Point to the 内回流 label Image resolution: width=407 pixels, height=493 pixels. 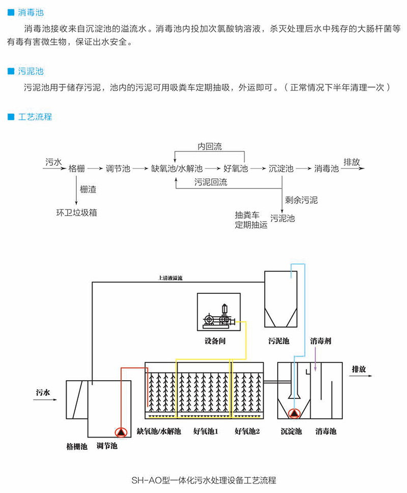210,147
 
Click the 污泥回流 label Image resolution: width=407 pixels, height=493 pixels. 211,182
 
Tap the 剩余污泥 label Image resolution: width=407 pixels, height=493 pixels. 301,200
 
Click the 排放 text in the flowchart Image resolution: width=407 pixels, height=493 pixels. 352,163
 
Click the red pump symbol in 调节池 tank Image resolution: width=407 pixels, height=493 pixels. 121,432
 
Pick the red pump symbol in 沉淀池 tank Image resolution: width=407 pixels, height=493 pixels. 294,414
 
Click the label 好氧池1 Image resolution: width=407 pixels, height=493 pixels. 206,432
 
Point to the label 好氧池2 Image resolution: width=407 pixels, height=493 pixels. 247,432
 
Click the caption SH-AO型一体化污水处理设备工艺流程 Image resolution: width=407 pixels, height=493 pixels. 203,479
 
